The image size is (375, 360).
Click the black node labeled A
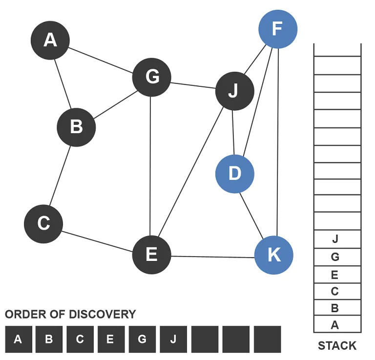(x=50, y=40)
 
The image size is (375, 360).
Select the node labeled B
(x=76, y=127)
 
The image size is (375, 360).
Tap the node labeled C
(x=43, y=224)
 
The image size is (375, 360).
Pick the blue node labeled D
(x=235, y=174)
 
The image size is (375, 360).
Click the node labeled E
(x=151, y=255)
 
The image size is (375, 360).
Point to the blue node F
(x=277, y=29)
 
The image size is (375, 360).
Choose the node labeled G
(x=152, y=77)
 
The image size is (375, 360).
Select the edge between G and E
(x=151, y=166)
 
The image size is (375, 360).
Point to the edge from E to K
(x=212, y=256)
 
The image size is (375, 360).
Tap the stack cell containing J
(x=335, y=240)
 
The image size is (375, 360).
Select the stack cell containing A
(x=335, y=325)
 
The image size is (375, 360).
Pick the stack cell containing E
(x=335, y=275)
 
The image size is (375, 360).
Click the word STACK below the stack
(x=337, y=346)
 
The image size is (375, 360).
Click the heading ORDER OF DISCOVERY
(x=70, y=314)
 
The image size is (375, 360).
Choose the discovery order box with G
(x=142, y=339)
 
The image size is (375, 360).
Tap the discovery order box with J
(x=173, y=339)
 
